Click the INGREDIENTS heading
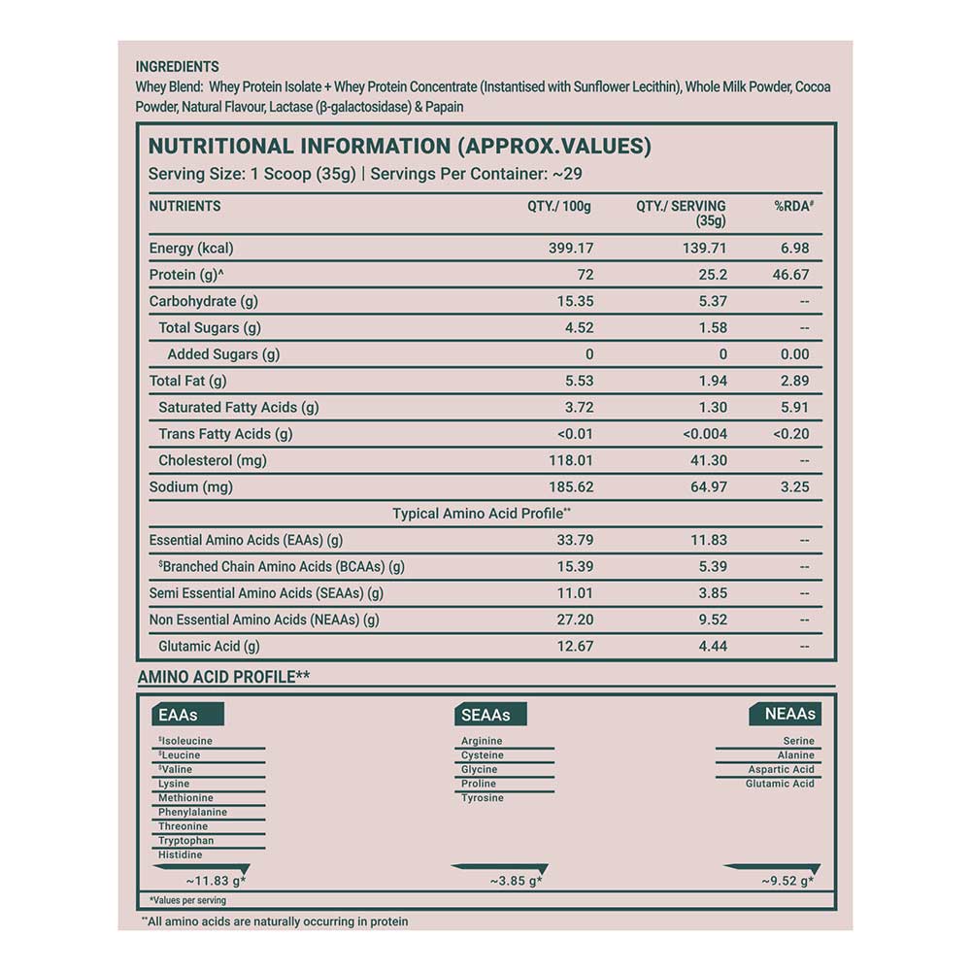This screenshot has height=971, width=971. tap(178, 67)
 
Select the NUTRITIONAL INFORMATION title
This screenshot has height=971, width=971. tap(399, 147)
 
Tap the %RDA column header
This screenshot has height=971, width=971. tap(792, 206)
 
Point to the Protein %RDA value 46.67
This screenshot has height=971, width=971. tap(790, 275)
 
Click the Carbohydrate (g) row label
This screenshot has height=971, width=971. tap(203, 301)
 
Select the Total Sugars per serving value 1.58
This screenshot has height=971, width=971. tap(713, 328)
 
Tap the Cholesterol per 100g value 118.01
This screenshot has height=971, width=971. tap(571, 460)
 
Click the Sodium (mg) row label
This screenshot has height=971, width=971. tap(190, 487)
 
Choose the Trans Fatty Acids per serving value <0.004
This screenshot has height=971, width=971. tap(704, 434)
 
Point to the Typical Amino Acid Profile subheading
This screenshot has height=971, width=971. tap(482, 514)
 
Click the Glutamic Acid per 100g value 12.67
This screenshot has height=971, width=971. tap(572, 646)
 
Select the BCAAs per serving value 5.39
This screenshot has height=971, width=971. tap(713, 567)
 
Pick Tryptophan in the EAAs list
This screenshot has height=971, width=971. tap(186, 841)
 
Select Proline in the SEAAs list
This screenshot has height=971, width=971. tap(479, 784)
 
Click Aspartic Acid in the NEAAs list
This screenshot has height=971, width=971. tap(781, 769)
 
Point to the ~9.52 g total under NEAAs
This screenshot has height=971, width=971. tap(787, 882)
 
